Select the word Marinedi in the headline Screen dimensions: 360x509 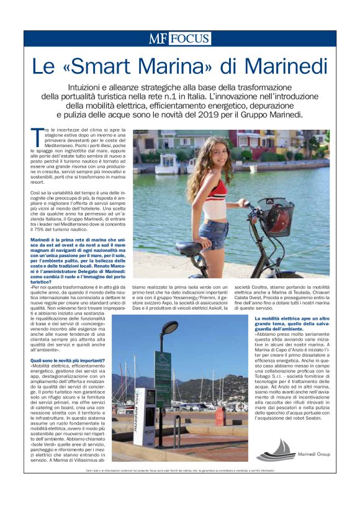285,66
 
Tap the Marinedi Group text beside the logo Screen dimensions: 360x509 311,454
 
